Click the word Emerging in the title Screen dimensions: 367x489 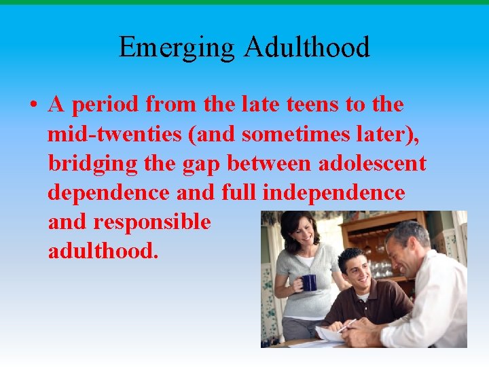coord(177,48)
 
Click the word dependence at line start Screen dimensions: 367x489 coord(108,193)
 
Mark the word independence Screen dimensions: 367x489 coord(333,193)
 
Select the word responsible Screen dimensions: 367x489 coord(152,222)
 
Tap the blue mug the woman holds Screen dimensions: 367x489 coord(309,282)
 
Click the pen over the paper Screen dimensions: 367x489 coord(346,326)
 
